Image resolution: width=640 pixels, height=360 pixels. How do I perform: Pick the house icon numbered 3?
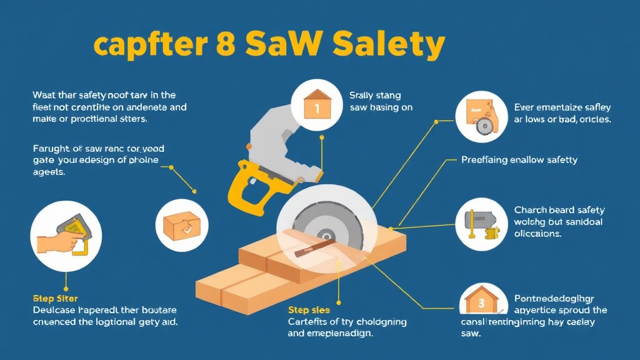click(x=482, y=303)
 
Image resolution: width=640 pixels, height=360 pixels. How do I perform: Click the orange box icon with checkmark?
click(x=181, y=225)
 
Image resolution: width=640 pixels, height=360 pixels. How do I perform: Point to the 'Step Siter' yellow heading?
click(x=55, y=299)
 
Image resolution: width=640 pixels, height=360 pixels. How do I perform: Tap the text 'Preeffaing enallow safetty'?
click(x=519, y=160)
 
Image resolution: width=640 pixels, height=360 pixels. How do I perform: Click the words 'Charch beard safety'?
click(x=559, y=211)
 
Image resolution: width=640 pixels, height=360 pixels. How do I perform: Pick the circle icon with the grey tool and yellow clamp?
click(x=482, y=224)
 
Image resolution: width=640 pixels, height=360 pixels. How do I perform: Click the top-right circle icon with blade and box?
click(x=482, y=116)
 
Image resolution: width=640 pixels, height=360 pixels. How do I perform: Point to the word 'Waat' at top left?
click(x=44, y=96)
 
